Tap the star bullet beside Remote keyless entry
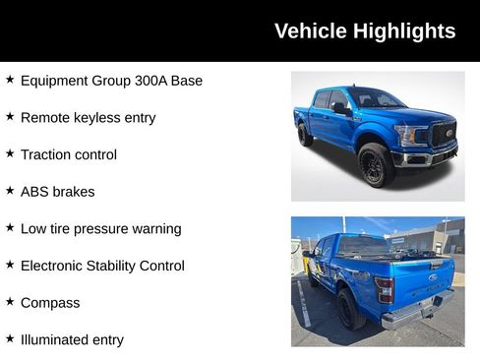10,116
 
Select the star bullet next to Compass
10,302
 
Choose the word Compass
50,303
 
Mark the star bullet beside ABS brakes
10,191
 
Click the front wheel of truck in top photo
376,164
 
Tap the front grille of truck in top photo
444,135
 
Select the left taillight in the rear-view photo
385,289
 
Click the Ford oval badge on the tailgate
432,277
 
